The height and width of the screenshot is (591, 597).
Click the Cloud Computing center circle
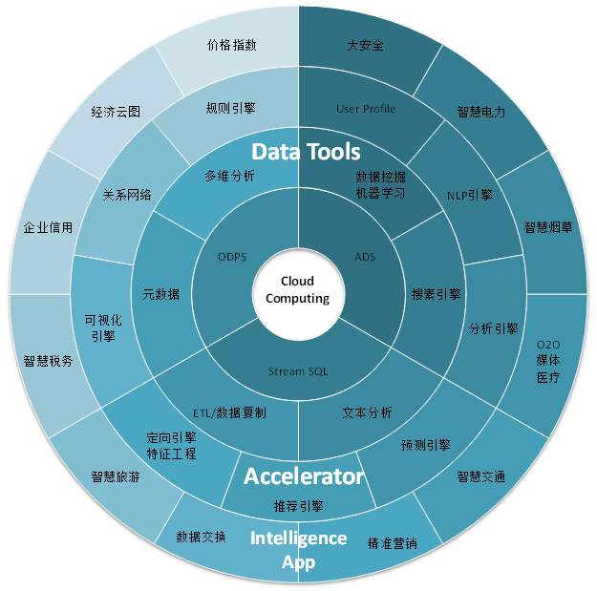pos(297,290)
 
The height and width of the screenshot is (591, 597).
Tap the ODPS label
pos(233,256)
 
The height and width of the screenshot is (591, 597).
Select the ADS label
pos(365,256)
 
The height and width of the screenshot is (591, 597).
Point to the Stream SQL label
pos(298,371)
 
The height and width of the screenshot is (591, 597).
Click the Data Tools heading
pos(306,152)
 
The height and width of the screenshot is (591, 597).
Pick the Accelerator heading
pos(304,475)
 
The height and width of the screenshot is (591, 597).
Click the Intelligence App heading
pos(298,550)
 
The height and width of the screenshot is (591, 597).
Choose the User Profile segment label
pos(366,109)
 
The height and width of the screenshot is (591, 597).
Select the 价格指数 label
pos(231,45)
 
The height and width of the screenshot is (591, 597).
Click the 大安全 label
pos(364,45)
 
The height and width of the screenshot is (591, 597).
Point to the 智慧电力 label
pos(481,112)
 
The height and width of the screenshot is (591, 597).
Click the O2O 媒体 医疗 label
pos(548,361)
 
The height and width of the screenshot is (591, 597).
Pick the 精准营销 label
pos(392,542)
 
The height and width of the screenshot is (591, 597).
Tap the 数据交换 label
pos(202,537)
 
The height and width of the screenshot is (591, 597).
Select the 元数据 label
pos(160,294)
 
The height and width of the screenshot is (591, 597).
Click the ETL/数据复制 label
pos(229,412)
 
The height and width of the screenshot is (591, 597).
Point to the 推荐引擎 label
pos(299,506)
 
